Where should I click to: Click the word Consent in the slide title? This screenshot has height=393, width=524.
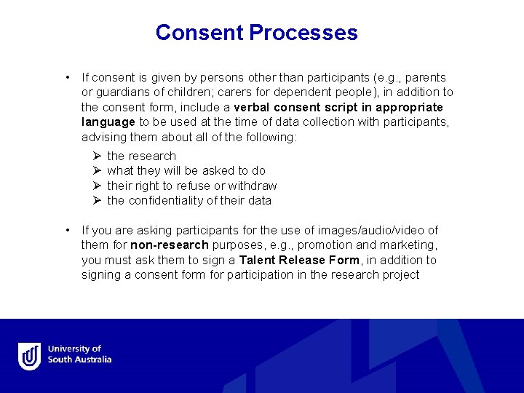[x=199, y=33]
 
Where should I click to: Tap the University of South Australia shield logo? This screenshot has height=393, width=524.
[x=30, y=356]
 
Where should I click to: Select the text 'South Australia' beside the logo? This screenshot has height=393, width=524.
[x=80, y=360]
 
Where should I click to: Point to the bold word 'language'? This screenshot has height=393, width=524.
[x=108, y=122]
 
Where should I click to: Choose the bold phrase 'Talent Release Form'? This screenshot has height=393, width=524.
[x=299, y=260]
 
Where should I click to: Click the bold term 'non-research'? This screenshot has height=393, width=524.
[x=170, y=245]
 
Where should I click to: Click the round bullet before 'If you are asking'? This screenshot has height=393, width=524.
[x=67, y=230]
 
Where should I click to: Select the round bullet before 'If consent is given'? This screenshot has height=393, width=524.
[x=67, y=77]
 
